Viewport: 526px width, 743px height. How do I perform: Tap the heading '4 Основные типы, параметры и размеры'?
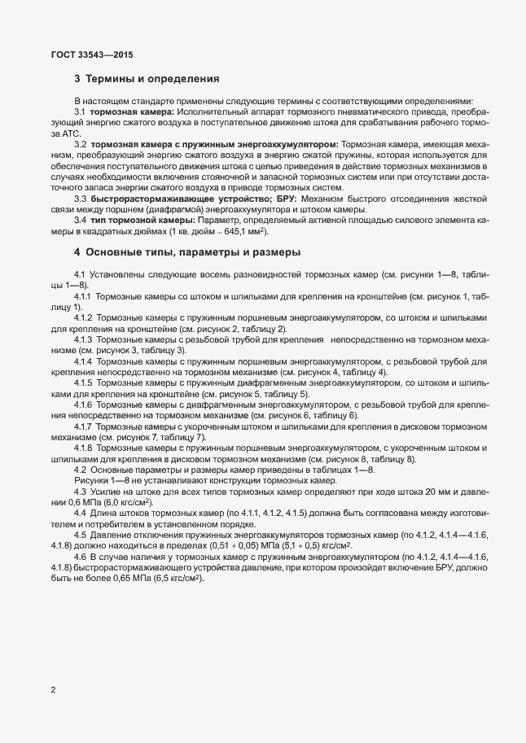187,252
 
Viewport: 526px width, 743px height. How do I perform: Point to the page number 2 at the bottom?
53,690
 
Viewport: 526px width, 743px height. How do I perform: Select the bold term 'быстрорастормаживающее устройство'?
165,198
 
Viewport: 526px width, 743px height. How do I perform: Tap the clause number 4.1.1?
85,297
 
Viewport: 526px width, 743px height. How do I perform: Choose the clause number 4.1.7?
85,426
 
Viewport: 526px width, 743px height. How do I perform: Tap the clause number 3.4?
81,220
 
